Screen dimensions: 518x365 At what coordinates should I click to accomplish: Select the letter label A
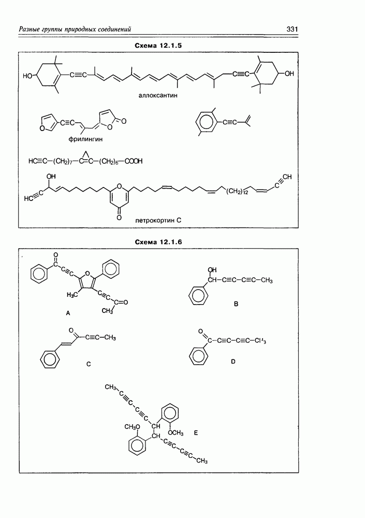click(x=67, y=313)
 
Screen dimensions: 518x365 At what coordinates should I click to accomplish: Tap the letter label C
click(x=89, y=364)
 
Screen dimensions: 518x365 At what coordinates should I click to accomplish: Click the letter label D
click(x=233, y=361)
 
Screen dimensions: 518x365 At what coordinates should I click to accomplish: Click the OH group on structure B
click(x=211, y=270)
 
